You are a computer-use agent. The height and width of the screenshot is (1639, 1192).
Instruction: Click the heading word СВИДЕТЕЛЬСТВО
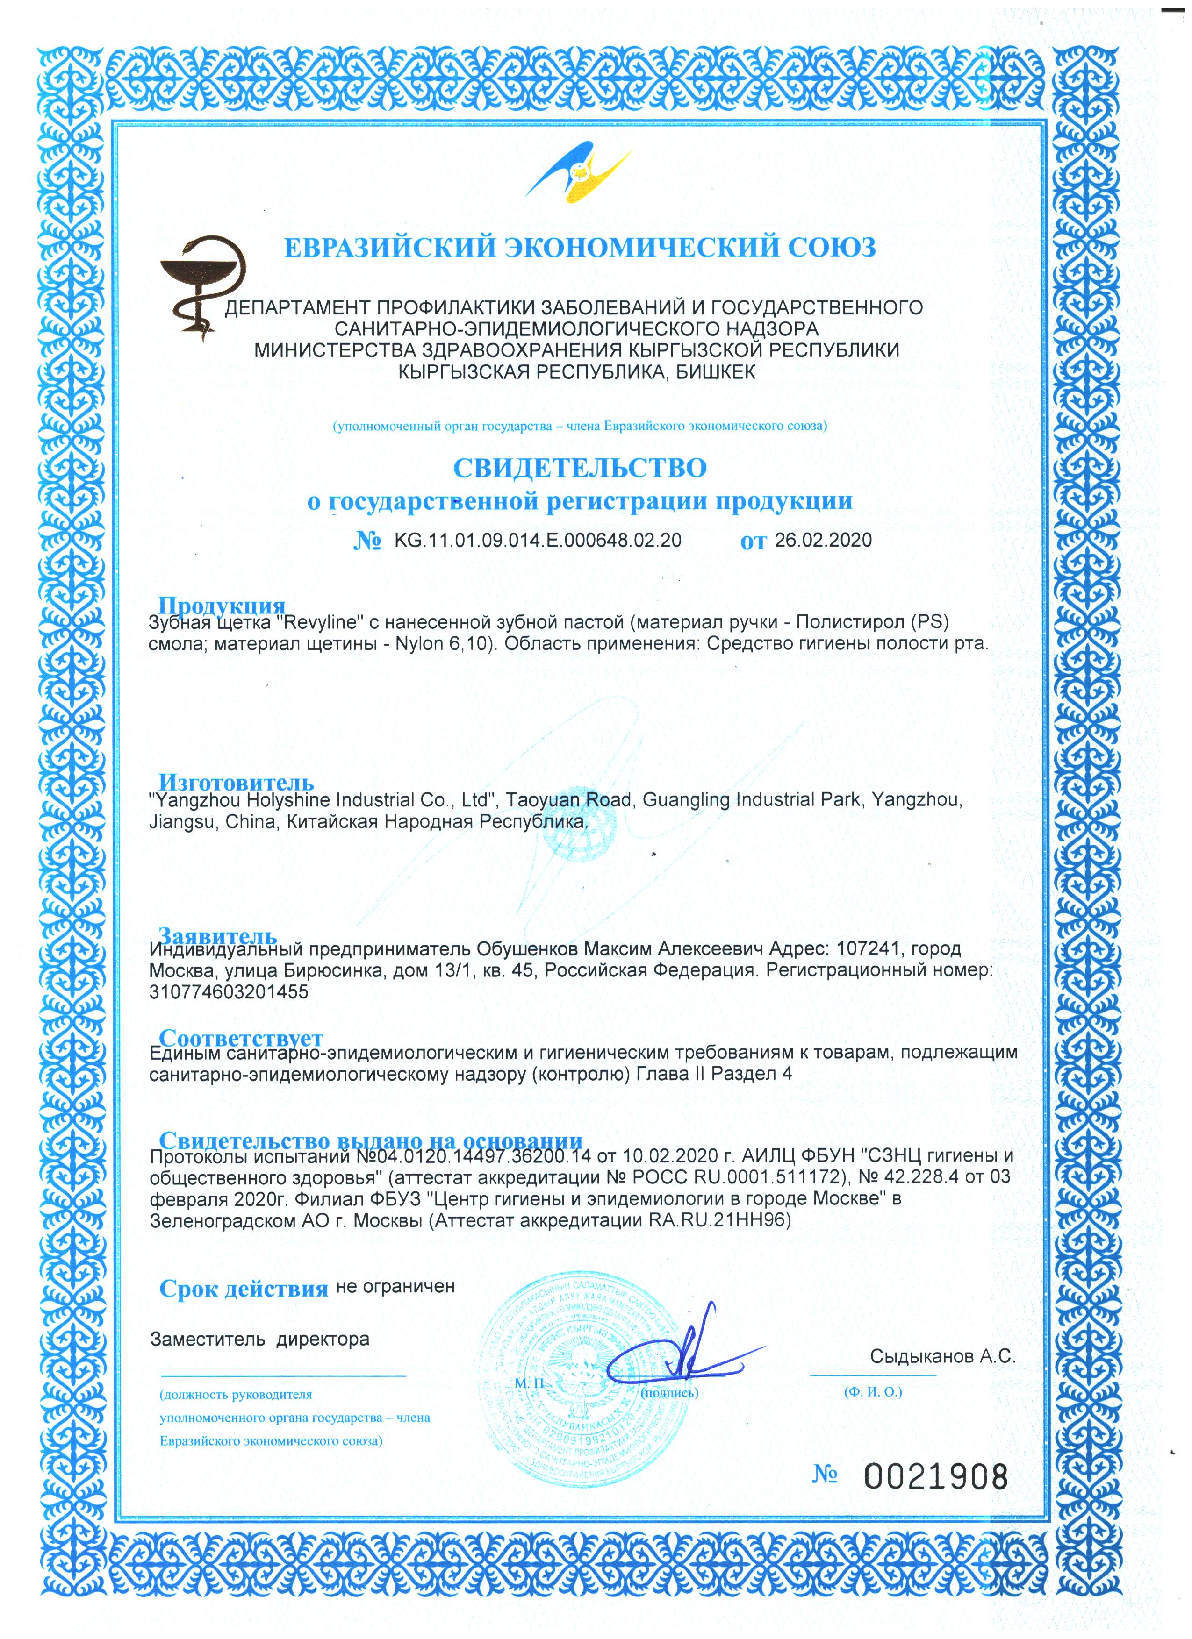tap(579, 468)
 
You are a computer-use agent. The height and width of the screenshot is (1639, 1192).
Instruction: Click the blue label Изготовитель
tap(237, 782)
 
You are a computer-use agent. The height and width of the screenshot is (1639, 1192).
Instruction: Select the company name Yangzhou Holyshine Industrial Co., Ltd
tap(321, 801)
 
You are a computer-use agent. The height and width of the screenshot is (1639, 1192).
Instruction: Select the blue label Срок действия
tap(244, 1289)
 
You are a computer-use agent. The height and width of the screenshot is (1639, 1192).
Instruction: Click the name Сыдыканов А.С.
tap(942, 1356)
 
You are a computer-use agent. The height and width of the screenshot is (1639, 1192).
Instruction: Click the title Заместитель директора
tap(259, 1339)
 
